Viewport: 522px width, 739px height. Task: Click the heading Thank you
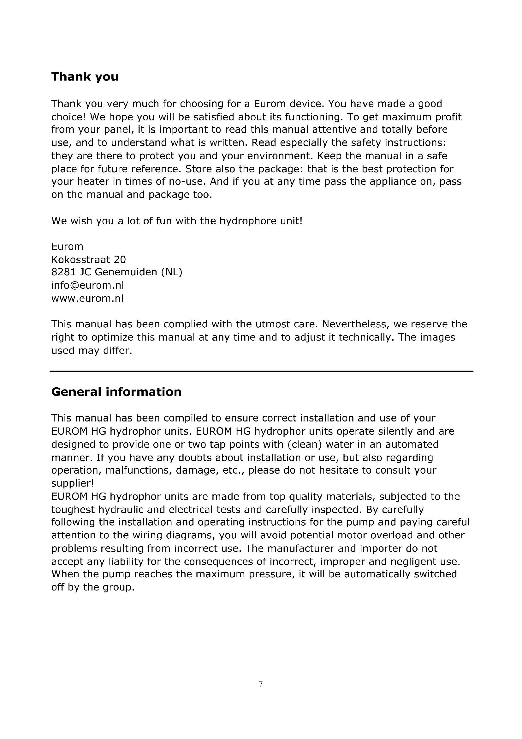[85, 77]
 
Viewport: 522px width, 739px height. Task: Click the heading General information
[116, 392]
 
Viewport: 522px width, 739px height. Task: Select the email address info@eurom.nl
[87, 286]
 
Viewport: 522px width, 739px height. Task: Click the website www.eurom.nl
[87, 299]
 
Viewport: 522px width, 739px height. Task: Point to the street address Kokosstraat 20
[89, 259]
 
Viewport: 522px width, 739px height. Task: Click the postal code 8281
[63, 272]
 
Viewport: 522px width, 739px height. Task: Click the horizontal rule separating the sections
[261, 372]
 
